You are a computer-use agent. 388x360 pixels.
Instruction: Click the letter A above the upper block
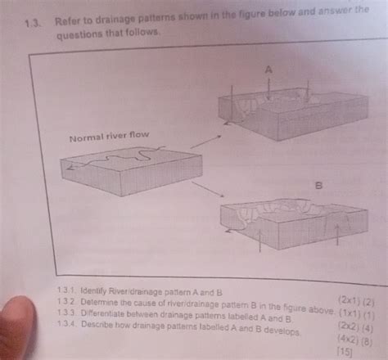[x=268, y=70]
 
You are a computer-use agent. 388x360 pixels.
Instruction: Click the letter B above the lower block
[x=319, y=187]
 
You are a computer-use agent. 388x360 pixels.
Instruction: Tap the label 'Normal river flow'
[x=110, y=135]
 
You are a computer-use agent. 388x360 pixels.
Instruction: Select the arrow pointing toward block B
[x=210, y=190]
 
